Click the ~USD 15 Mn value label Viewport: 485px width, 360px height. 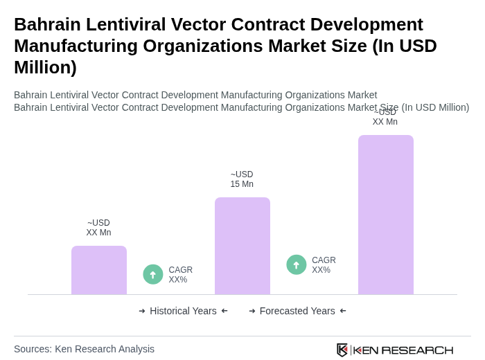coord(242,179)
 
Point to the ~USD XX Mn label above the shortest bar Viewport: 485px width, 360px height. coord(98,228)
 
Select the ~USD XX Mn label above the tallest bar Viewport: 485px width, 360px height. coord(385,117)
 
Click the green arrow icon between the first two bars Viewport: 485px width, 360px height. coord(153,274)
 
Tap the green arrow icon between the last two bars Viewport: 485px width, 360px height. coord(297,264)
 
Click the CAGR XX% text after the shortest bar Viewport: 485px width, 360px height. coord(181,275)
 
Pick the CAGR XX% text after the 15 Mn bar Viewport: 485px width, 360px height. coord(324,265)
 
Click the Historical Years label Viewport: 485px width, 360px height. coord(183,311)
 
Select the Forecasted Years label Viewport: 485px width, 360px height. coord(297,311)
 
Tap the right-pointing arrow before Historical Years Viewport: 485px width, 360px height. coord(142,311)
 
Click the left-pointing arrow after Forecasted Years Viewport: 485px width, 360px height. coord(343,311)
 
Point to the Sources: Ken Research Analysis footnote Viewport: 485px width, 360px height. coord(84,349)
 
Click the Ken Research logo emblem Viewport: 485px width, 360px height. coord(342,350)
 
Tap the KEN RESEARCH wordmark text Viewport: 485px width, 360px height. coord(403,350)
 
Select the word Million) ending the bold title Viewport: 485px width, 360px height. coord(45,67)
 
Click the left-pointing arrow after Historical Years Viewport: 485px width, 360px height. coord(224,311)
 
